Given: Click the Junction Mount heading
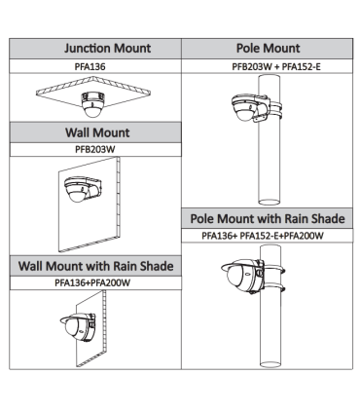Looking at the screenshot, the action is [x=107, y=49].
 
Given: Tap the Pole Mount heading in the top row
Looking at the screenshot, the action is [x=268, y=49].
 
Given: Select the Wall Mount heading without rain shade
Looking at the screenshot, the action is [x=97, y=132].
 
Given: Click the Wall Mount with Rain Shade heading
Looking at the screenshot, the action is [x=95, y=266].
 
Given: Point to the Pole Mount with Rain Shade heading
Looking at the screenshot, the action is [x=268, y=218].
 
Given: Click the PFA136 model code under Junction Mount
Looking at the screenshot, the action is [x=90, y=66].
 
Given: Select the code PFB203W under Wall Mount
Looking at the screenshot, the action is [x=95, y=149].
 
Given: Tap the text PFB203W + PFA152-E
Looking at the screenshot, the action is [x=276, y=66].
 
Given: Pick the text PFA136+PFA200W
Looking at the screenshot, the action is [x=92, y=282].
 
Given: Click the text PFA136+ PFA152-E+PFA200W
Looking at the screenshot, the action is [x=263, y=236].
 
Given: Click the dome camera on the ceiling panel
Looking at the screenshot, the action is [x=93, y=105].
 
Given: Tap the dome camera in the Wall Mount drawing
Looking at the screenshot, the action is [x=83, y=189].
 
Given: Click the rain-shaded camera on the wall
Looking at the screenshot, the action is [x=78, y=327].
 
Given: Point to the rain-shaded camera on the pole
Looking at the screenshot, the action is [x=250, y=276].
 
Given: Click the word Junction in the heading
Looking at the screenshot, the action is [x=87, y=49].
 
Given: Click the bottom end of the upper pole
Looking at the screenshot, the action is [x=269, y=202].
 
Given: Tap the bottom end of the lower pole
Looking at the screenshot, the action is [x=270, y=363].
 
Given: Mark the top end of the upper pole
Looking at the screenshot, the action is [x=269, y=76].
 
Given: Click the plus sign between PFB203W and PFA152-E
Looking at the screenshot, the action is [x=276, y=67].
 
